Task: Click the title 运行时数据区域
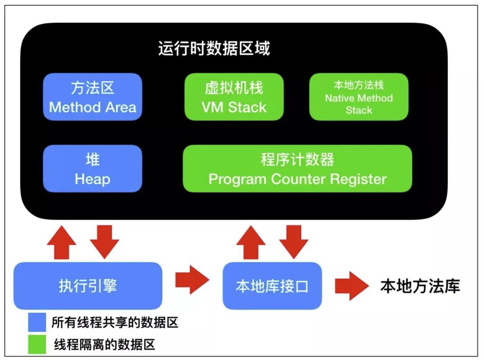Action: pos(214,48)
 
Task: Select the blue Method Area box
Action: pos(92,97)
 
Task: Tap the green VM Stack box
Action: pos(234,97)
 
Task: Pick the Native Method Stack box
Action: pos(359,97)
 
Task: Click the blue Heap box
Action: pos(92,168)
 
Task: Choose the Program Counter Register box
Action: pos(298,168)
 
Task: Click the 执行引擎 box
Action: pos(88,286)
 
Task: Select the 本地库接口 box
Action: pos(272,286)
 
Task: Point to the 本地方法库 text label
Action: pos(420,286)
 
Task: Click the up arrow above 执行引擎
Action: pos(62,242)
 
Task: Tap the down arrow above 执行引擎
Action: pos(105,242)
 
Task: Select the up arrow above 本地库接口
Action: pos(251,242)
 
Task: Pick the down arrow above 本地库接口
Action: pos(294,242)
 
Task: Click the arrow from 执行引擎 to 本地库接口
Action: pos(192,280)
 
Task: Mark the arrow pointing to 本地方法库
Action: pos(352,286)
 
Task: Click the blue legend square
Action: pos(37,322)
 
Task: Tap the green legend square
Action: pos(37,344)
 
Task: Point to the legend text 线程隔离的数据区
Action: pos(105,345)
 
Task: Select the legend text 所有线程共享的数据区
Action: pos(115,323)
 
